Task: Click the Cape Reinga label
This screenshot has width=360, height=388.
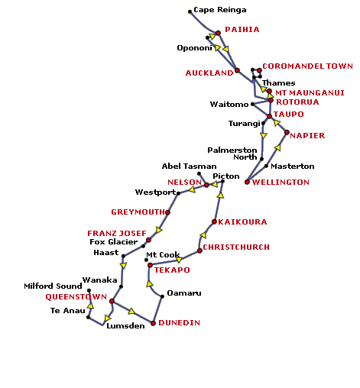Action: point(220,10)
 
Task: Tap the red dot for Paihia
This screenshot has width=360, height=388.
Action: point(218,33)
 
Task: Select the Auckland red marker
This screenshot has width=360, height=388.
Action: point(237,70)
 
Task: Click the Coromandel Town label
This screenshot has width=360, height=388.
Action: point(307,66)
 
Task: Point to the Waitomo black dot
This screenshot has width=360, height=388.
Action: point(252,104)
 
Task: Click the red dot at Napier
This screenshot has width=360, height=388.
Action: point(287,132)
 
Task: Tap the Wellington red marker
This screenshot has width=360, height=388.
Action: point(247,182)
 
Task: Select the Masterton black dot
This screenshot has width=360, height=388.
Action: point(266,166)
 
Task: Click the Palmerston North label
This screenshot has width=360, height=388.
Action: point(232,154)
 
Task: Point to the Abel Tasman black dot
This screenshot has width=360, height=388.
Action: point(199,174)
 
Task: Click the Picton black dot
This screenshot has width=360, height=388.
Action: point(222,181)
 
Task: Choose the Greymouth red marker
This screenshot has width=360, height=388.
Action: point(167,212)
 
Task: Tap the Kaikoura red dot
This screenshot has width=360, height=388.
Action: point(214,222)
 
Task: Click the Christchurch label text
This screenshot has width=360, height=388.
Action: point(236,247)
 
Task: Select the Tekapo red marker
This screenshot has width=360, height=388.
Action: point(150,265)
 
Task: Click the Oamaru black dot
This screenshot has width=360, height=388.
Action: point(162,296)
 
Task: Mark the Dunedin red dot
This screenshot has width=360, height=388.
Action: point(153,323)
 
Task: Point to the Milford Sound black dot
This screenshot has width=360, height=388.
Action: point(89,290)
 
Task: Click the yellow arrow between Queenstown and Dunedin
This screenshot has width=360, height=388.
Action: point(131,311)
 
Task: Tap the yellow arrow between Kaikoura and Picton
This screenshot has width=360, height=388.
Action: point(221,195)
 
